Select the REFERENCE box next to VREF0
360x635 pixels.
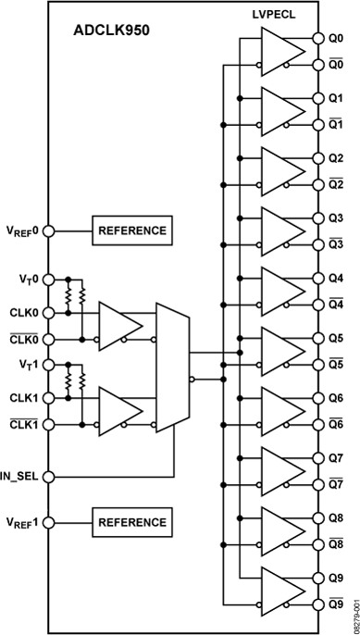click(x=131, y=230)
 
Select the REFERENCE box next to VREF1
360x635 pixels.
click(x=131, y=522)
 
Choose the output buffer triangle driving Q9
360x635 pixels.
click(x=282, y=592)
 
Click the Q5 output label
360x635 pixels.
click(x=336, y=339)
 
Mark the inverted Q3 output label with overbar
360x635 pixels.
click(x=336, y=243)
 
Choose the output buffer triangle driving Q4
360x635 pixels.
click(x=282, y=293)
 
